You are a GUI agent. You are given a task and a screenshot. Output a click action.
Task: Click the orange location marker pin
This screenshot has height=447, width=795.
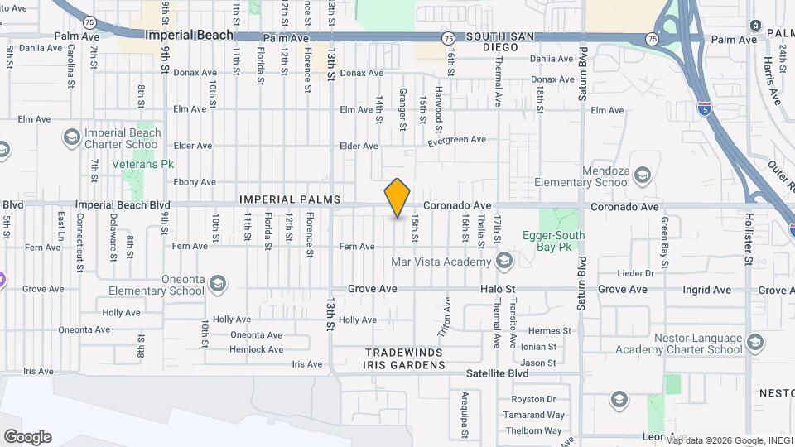pyautogui.click(x=397, y=198)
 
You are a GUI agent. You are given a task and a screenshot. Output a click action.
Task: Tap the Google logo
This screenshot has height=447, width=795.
pyautogui.click(x=27, y=437)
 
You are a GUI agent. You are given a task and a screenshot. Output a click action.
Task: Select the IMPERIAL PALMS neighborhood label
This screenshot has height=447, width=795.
pyautogui.click(x=290, y=199)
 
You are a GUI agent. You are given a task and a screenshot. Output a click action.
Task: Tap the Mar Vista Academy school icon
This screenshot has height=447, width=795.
pyautogui.click(x=503, y=262)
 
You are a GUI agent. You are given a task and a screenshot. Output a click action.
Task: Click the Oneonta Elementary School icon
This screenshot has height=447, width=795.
pyautogui.click(x=218, y=284)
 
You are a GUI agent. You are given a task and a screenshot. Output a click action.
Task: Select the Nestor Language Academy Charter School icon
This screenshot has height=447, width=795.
pyautogui.click(x=755, y=342)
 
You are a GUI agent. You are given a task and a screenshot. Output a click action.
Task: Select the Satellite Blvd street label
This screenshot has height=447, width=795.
pyautogui.click(x=497, y=373)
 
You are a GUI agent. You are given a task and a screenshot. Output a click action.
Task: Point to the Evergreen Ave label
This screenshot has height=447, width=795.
pyautogui.click(x=456, y=141)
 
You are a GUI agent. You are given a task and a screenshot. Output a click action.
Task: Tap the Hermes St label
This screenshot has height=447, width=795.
pyautogui.click(x=551, y=331)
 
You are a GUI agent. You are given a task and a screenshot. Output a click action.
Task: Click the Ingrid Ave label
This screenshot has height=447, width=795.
pyautogui.click(x=706, y=290)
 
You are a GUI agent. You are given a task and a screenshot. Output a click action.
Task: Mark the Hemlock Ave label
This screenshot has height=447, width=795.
pyautogui.click(x=257, y=349)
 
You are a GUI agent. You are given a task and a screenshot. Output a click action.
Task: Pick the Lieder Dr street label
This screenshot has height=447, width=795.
pyautogui.click(x=636, y=273)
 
